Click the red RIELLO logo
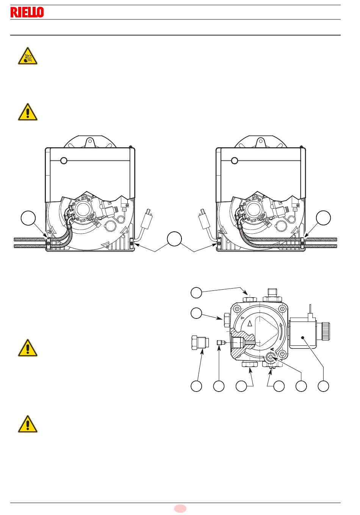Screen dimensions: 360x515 pos(27,12)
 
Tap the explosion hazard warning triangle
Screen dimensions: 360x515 pos(28,56)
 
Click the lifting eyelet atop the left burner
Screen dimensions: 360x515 pos(90,142)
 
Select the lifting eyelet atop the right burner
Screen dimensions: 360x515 pos(261,142)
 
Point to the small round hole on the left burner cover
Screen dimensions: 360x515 pos(64,161)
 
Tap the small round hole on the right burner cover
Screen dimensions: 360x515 pos(235,161)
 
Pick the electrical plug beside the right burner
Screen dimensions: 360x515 pos(205,219)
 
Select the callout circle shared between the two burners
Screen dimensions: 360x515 pos(174,239)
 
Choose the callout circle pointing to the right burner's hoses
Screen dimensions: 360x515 pos(323,217)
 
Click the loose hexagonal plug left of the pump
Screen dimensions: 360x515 pos(200,342)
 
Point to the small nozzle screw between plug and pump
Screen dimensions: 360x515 pos(220,343)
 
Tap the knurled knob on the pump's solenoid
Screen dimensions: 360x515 pos(326,331)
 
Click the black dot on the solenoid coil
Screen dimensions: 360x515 pos(303,337)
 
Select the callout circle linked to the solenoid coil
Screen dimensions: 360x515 pos(323,386)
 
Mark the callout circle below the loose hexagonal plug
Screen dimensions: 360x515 pos(196,386)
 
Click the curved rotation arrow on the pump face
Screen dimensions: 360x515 pos(281,333)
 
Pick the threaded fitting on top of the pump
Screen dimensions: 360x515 pos(272,295)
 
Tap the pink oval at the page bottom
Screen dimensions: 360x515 pos(180,508)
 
